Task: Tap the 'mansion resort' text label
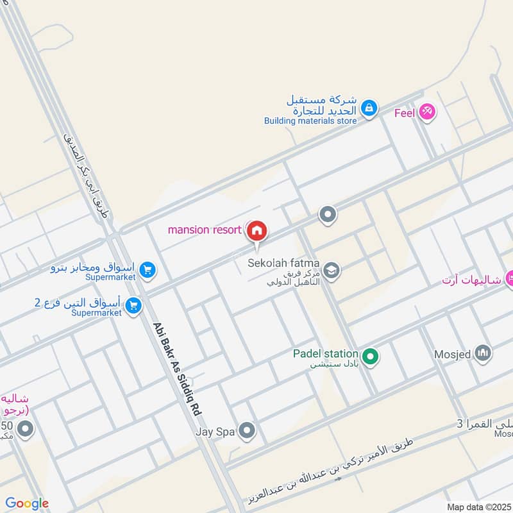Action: (205, 230)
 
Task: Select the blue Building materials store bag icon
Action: (369, 109)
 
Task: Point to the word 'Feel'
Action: (404, 114)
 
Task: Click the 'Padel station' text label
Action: (325, 353)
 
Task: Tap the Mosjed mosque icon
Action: (484, 352)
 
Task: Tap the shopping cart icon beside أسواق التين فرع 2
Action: (133, 306)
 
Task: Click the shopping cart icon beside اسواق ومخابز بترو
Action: (147, 271)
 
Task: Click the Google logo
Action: (27, 503)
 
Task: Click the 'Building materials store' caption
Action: (310, 121)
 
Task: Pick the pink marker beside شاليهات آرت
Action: (510, 278)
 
